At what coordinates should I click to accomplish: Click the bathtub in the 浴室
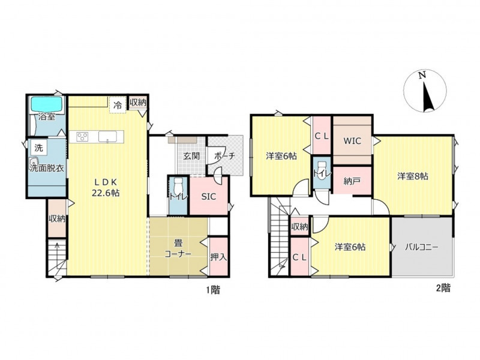pyautogui.click(x=47, y=104)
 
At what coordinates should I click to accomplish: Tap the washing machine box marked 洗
pyautogui.click(x=38, y=148)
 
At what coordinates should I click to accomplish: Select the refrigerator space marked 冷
pyautogui.click(x=118, y=105)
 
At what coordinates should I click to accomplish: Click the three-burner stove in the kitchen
pyautogui.click(x=82, y=137)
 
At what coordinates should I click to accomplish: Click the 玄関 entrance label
pyautogui.click(x=191, y=156)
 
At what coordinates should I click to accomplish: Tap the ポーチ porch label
pyautogui.click(x=225, y=156)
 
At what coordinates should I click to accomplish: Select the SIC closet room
pyautogui.click(x=209, y=196)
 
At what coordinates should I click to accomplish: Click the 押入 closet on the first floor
pyautogui.click(x=219, y=257)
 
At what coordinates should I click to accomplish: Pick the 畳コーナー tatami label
pyautogui.click(x=178, y=248)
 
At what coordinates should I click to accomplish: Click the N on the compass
pyautogui.click(x=422, y=76)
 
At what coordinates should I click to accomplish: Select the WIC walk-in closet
pyautogui.click(x=352, y=140)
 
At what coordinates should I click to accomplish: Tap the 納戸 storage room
pyautogui.click(x=352, y=181)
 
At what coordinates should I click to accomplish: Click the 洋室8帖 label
pyautogui.click(x=413, y=176)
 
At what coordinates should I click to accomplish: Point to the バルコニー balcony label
pyautogui.click(x=422, y=247)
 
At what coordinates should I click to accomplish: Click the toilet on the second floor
pyautogui.click(x=322, y=170)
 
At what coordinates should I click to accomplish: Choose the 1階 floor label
pyautogui.click(x=213, y=290)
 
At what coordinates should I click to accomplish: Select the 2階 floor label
pyautogui.click(x=443, y=288)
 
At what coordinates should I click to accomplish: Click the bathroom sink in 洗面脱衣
pyautogui.click(x=34, y=162)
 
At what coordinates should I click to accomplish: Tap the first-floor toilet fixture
pyautogui.click(x=178, y=187)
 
